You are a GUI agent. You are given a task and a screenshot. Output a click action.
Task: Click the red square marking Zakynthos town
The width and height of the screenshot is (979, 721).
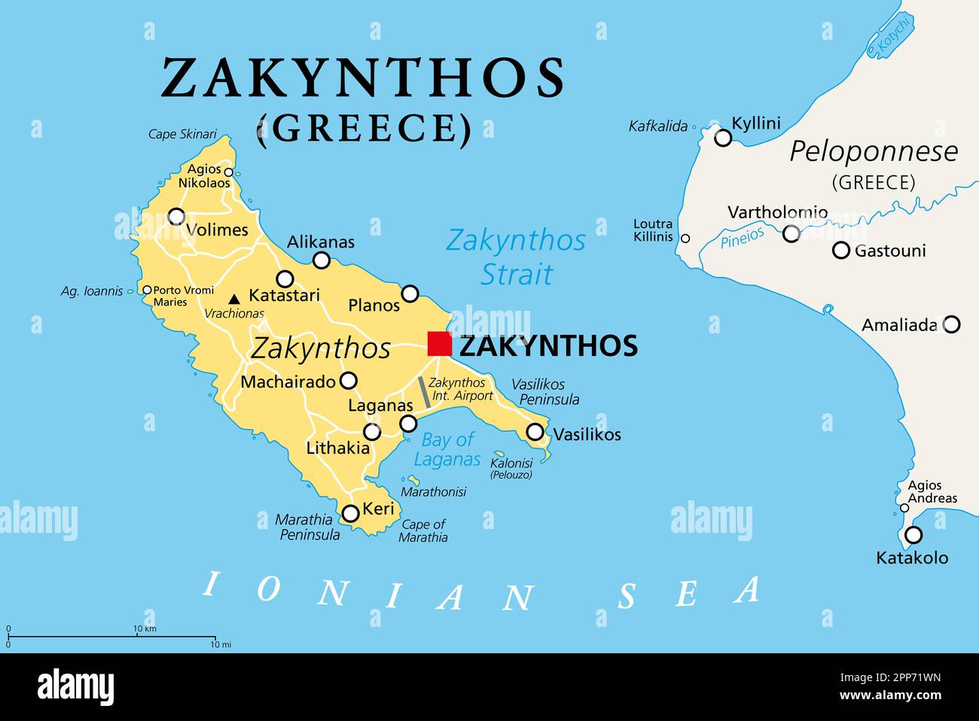[x=439, y=343]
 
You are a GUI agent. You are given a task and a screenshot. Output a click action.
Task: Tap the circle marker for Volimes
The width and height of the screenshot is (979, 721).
[x=176, y=217]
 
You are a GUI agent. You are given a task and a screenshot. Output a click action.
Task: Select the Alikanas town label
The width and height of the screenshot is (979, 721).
[x=320, y=242]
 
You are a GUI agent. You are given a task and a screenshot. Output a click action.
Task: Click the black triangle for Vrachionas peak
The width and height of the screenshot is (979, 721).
[x=234, y=299]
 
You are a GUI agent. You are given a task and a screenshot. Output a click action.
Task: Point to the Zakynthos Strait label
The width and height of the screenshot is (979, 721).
[x=516, y=257]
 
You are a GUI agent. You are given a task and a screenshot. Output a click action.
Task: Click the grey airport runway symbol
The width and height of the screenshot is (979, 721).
[x=425, y=393]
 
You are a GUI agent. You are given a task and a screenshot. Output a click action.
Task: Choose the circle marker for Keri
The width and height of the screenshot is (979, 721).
[x=350, y=513]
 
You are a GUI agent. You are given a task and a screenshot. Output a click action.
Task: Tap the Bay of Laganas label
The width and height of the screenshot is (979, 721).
[x=447, y=449]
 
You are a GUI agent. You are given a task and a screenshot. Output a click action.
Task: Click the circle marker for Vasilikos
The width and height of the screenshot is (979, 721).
[x=535, y=432]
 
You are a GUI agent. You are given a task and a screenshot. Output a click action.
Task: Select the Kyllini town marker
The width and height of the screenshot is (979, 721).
[x=723, y=138]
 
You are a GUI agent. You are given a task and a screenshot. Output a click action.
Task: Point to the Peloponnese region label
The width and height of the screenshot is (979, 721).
[x=874, y=152]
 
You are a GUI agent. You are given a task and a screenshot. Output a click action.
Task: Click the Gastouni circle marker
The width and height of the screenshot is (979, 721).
[x=841, y=251]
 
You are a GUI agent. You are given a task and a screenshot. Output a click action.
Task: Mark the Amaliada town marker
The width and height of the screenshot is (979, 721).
[x=952, y=324]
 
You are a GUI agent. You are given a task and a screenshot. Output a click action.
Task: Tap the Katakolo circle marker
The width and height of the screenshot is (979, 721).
[x=913, y=535]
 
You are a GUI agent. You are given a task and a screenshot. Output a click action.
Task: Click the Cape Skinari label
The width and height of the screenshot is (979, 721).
[x=182, y=134]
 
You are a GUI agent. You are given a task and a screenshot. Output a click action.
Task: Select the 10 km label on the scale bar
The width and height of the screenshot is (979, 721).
[x=145, y=628]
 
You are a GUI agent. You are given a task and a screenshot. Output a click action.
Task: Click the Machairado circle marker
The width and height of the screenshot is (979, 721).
[x=348, y=381]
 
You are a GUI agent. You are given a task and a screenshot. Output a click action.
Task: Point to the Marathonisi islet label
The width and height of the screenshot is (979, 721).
[x=433, y=491]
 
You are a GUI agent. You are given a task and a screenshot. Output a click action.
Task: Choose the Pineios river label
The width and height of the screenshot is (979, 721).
[x=742, y=239]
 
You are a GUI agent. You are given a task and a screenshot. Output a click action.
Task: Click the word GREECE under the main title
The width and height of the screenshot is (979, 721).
[x=364, y=129]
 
